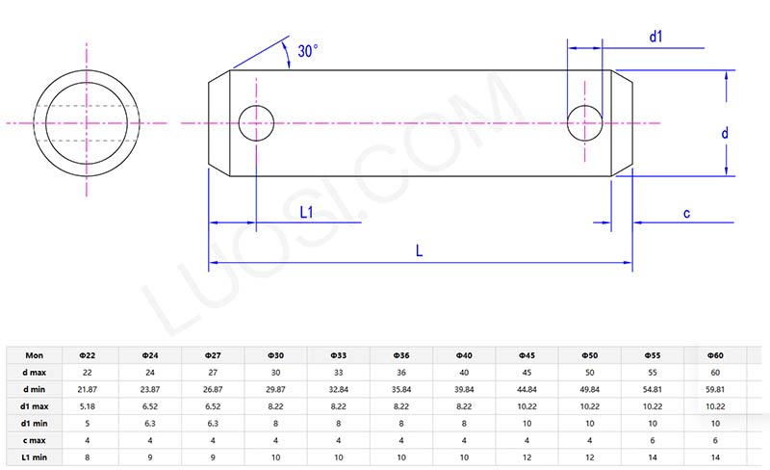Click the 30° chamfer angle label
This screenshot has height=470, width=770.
(x=308, y=52)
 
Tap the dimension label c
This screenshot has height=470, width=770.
(x=686, y=213)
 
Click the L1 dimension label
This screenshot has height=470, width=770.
(x=309, y=212)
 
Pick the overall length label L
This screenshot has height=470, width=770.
(x=420, y=250)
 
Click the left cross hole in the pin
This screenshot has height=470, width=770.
(x=256, y=123)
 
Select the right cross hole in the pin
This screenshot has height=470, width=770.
(x=585, y=123)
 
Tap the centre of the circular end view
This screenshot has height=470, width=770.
(x=88, y=123)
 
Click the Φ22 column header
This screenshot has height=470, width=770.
(x=87, y=355)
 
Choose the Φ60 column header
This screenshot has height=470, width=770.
(x=715, y=355)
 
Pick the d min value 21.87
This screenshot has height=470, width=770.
(x=87, y=389)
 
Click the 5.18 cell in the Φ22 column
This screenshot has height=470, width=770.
(x=87, y=406)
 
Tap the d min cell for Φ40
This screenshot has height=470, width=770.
(x=464, y=389)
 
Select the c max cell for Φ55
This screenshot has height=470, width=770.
(x=653, y=440)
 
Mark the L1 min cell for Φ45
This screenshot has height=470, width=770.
(x=527, y=457)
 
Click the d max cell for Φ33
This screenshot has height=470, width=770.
(x=339, y=373)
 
